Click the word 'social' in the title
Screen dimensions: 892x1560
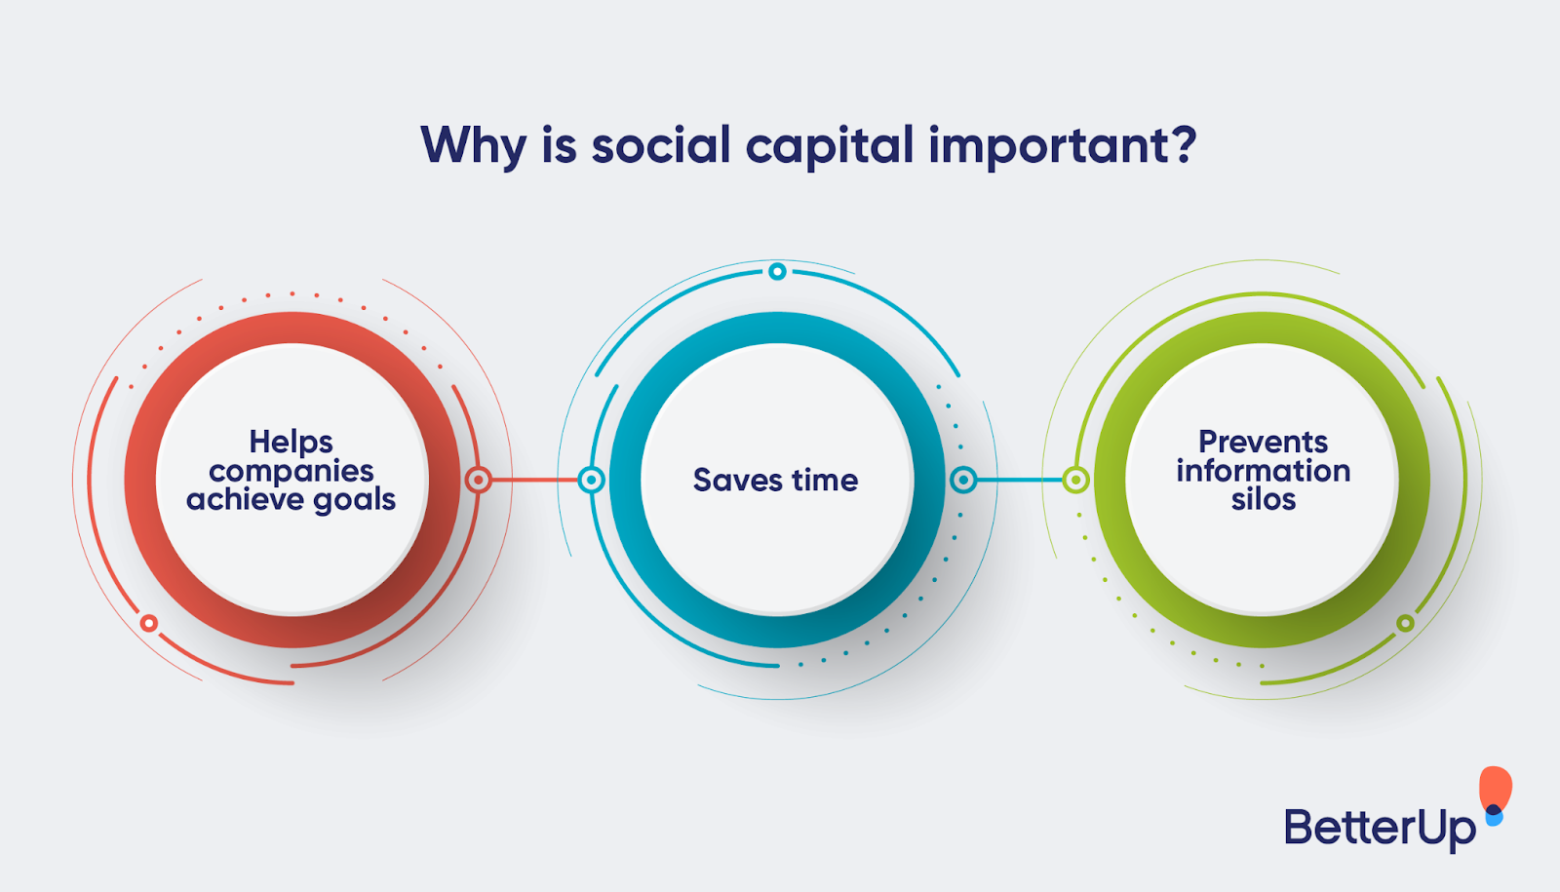point(661,146)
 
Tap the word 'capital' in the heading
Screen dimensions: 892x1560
point(830,146)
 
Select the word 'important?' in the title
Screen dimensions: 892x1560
point(1062,146)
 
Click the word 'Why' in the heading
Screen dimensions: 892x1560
point(473,146)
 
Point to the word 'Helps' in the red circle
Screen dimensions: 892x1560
point(291,442)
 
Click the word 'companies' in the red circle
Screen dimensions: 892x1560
point(291,471)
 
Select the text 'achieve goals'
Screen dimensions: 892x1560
point(291,500)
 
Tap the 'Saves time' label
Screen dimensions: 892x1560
point(775,480)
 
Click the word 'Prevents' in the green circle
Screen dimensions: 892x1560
point(1263,442)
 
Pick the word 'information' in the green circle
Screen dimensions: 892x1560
point(1263,471)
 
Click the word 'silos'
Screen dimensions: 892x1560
point(1263,500)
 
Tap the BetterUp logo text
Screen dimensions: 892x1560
point(1379,828)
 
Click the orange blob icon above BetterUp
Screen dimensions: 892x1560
point(1495,788)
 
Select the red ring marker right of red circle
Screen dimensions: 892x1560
point(478,480)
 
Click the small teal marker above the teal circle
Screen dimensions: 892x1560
point(777,271)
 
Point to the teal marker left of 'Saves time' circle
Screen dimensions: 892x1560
point(591,480)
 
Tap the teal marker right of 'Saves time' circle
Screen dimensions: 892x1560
point(963,480)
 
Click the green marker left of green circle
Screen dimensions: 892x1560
point(1075,480)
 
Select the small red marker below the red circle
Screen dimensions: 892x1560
point(148,623)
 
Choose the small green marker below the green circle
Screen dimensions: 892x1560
point(1405,623)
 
